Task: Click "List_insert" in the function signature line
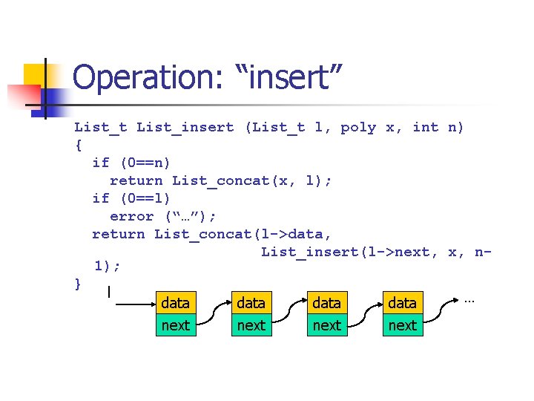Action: point(185,128)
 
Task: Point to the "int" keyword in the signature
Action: point(425,128)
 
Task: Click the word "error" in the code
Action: point(131,216)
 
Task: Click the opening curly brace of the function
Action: point(79,145)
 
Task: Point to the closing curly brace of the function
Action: point(79,283)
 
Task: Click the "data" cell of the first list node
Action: point(175,303)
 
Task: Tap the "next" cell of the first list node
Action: point(175,325)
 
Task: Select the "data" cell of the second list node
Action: point(251,303)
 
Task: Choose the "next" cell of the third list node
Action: point(326,325)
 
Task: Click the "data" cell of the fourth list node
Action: point(402,303)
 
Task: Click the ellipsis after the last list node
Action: point(469,300)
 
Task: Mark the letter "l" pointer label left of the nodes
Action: point(109,293)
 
